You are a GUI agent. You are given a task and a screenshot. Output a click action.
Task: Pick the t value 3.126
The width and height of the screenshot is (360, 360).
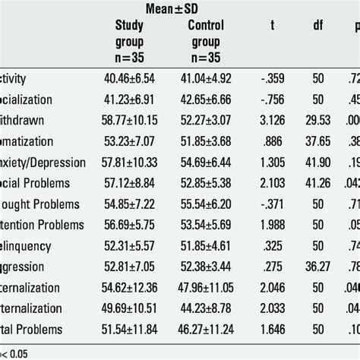[x=268, y=120]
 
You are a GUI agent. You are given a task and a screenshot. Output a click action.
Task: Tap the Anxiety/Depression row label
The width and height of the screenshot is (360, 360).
[x=34, y=163]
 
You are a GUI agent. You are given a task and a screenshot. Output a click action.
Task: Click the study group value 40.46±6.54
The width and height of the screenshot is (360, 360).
[x=133, y=77]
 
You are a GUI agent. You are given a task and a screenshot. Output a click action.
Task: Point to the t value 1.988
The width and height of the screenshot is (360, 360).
[x=268, y=226]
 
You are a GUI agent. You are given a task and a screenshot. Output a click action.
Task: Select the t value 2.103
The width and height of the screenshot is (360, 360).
[x=268, y=184]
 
